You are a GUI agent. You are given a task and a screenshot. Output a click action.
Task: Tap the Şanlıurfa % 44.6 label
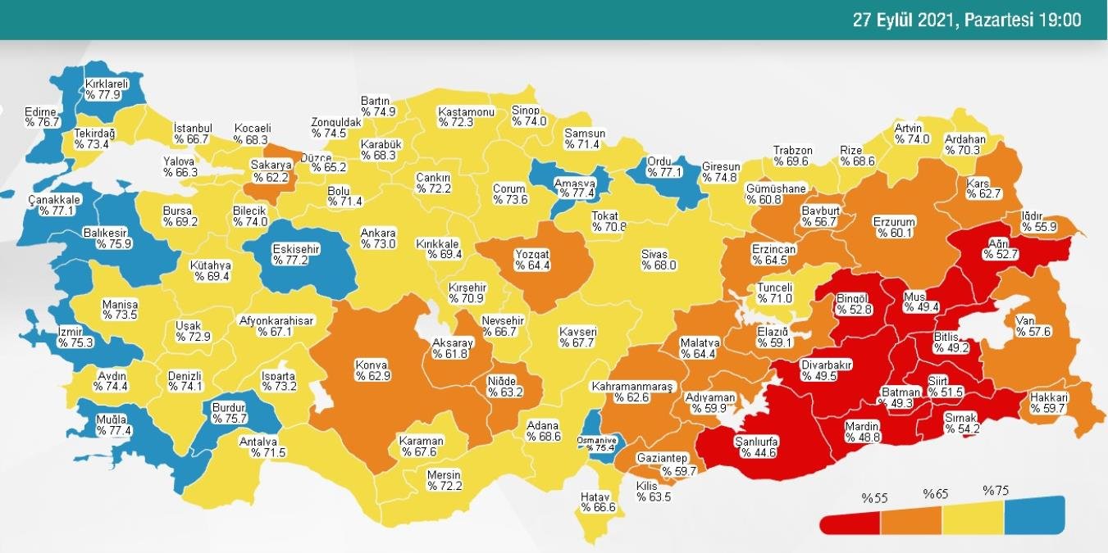(x=755, y=446)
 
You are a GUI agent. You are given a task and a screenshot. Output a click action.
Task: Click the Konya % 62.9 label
(x=372, y=370)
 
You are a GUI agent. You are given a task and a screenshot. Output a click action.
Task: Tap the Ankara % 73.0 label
(x=378, y=238)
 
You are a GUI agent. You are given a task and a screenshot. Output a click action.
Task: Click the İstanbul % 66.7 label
(x=194, y=134)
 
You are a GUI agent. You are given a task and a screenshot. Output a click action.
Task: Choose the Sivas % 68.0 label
(x=659, y=260)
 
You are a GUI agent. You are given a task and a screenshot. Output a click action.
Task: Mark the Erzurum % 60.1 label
(x=894, y=228)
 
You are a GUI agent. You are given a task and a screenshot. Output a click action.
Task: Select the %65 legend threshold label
(x=936, y=494)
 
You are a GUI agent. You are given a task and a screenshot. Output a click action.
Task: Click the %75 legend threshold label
(x=996, y=492)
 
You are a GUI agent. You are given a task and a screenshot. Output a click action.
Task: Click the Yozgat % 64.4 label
(x=532, y=260)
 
